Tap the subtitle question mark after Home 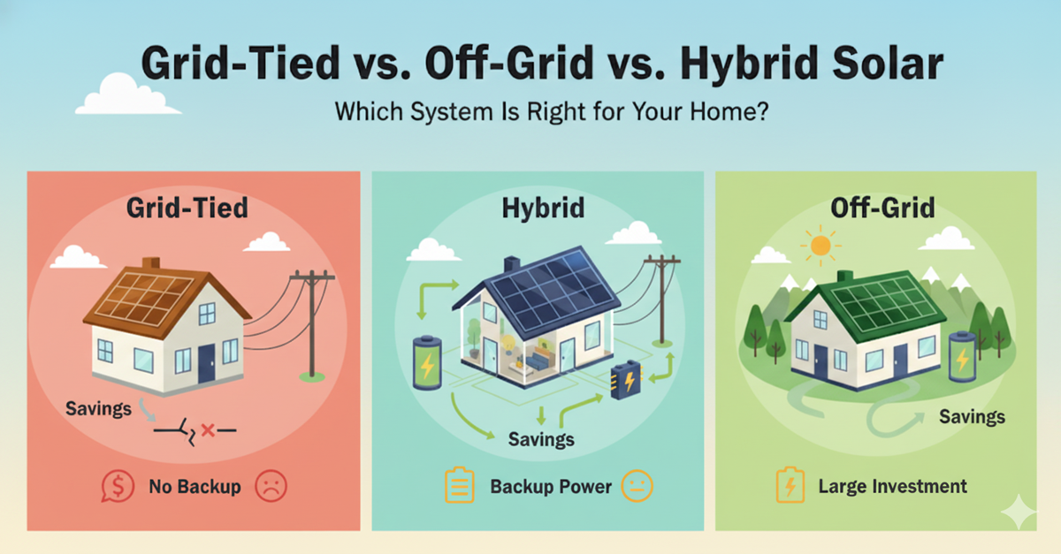click(x=761, y=112)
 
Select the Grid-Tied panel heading click(x=187, y=208)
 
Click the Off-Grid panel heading click(x=883, y=208)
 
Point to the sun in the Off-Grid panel click(x=821, y=246)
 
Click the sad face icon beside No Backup click(x=271, y=486)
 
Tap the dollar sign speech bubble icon click(x=118, y=486)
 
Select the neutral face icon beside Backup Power click(x=637, y=486)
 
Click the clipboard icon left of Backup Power click(x=460, y=485)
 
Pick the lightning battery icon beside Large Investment click(x=790, y=485)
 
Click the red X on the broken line click(x=208, y=430)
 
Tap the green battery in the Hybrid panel click(x=427, y=362)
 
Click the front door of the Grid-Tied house click(x=207, y=363)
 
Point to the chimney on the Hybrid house click(x=512, y=264)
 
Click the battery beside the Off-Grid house click(x=963, y=356)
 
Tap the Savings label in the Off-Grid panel click(x=972, y=417)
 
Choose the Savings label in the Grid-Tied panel click(x=98, y=408)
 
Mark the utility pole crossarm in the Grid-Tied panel click(x=312, y=277)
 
